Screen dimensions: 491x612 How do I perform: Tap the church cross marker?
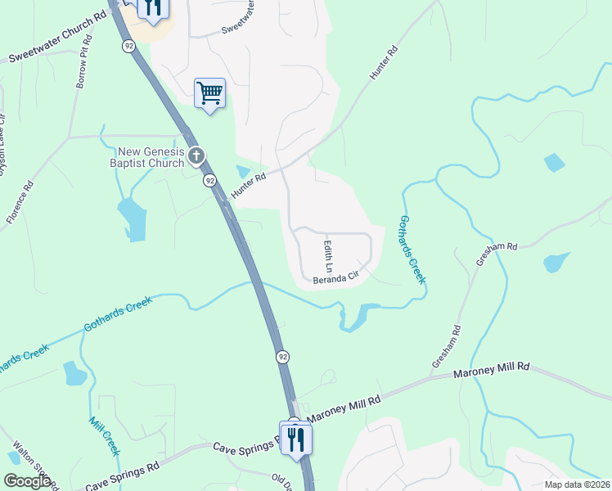pos(196,155)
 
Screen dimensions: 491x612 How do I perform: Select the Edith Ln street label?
pos(328,256)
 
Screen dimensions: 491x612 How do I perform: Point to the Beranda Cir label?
pos(336,278)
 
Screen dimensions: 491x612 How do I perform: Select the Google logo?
pos(27,481)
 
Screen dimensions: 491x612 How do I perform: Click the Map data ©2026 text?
pos(577,484)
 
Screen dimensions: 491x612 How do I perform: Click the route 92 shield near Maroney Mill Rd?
pos(282,357)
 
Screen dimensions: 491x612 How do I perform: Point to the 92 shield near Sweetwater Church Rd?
pos(129,47)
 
